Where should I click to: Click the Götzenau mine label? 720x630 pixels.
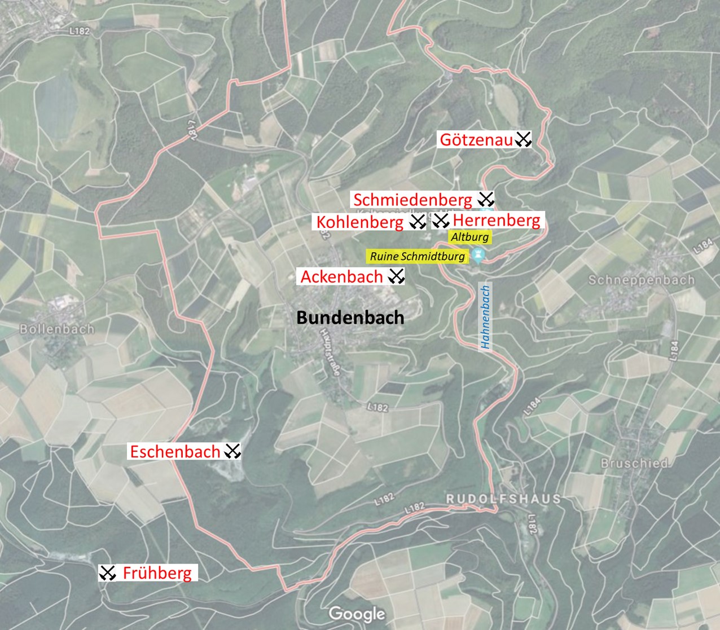click(476, 139)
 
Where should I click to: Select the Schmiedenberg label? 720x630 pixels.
click(412, 200)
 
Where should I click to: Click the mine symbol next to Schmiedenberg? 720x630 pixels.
click(486, 199)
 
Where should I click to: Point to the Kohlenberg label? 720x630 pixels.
click(360, 222)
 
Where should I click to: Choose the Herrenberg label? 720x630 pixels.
click(496, 220)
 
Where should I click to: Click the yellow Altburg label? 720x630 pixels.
click(469, 237)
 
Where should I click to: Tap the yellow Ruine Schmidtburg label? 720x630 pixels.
click(418, 257)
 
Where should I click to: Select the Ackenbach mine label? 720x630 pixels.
click(342, 276)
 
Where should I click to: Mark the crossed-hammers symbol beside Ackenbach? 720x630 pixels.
click(397, 276)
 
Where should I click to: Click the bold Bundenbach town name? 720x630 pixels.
click(350, 318)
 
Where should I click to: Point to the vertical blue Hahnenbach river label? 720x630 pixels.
click(485, 316)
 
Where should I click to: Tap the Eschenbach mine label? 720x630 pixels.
click(175, 451)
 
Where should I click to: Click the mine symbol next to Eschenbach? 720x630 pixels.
click(232, 451)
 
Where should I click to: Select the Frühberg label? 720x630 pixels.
click(157, 573)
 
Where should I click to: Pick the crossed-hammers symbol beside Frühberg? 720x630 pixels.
click(107, 573)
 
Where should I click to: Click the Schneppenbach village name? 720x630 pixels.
click(642, 280)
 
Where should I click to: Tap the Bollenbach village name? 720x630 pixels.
click(57, 329)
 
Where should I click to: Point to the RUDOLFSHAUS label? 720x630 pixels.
click(504, 499)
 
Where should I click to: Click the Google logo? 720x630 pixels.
click(357, 614)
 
